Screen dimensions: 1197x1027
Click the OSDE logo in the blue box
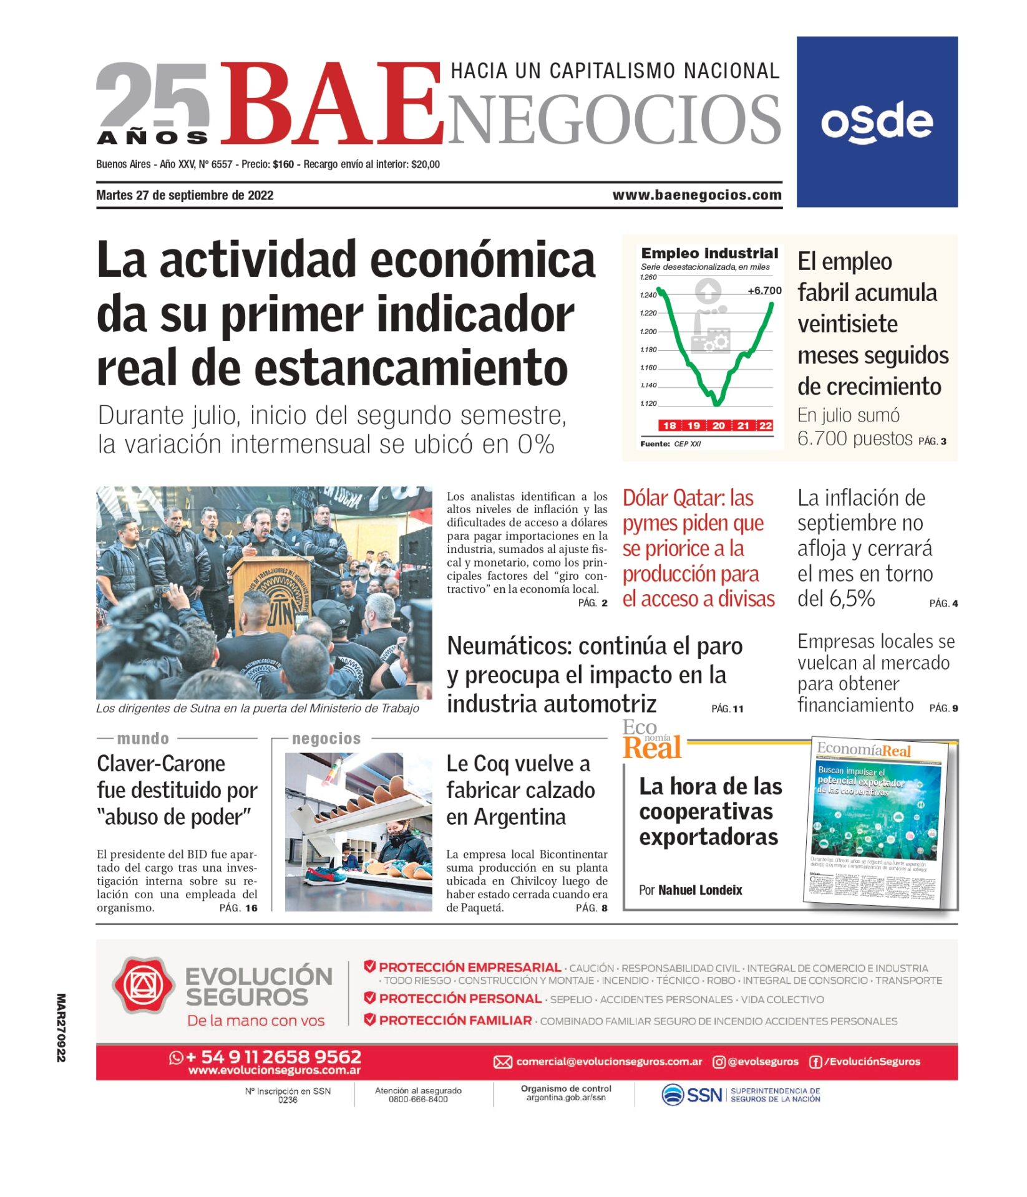876,122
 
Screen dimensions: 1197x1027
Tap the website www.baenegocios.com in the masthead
696,195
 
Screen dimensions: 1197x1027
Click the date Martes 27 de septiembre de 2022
185,195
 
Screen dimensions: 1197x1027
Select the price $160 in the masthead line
283,165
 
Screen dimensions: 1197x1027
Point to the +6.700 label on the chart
764,291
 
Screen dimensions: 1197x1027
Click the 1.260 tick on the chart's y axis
648,277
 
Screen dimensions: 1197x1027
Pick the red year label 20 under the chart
719,425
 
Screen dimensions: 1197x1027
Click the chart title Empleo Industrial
709,253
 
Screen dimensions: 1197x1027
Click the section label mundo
143,739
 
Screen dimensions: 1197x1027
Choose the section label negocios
326,739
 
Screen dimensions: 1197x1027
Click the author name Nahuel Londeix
700,890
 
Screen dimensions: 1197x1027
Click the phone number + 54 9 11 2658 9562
273,1057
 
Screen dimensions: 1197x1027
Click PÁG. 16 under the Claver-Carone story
238,908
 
